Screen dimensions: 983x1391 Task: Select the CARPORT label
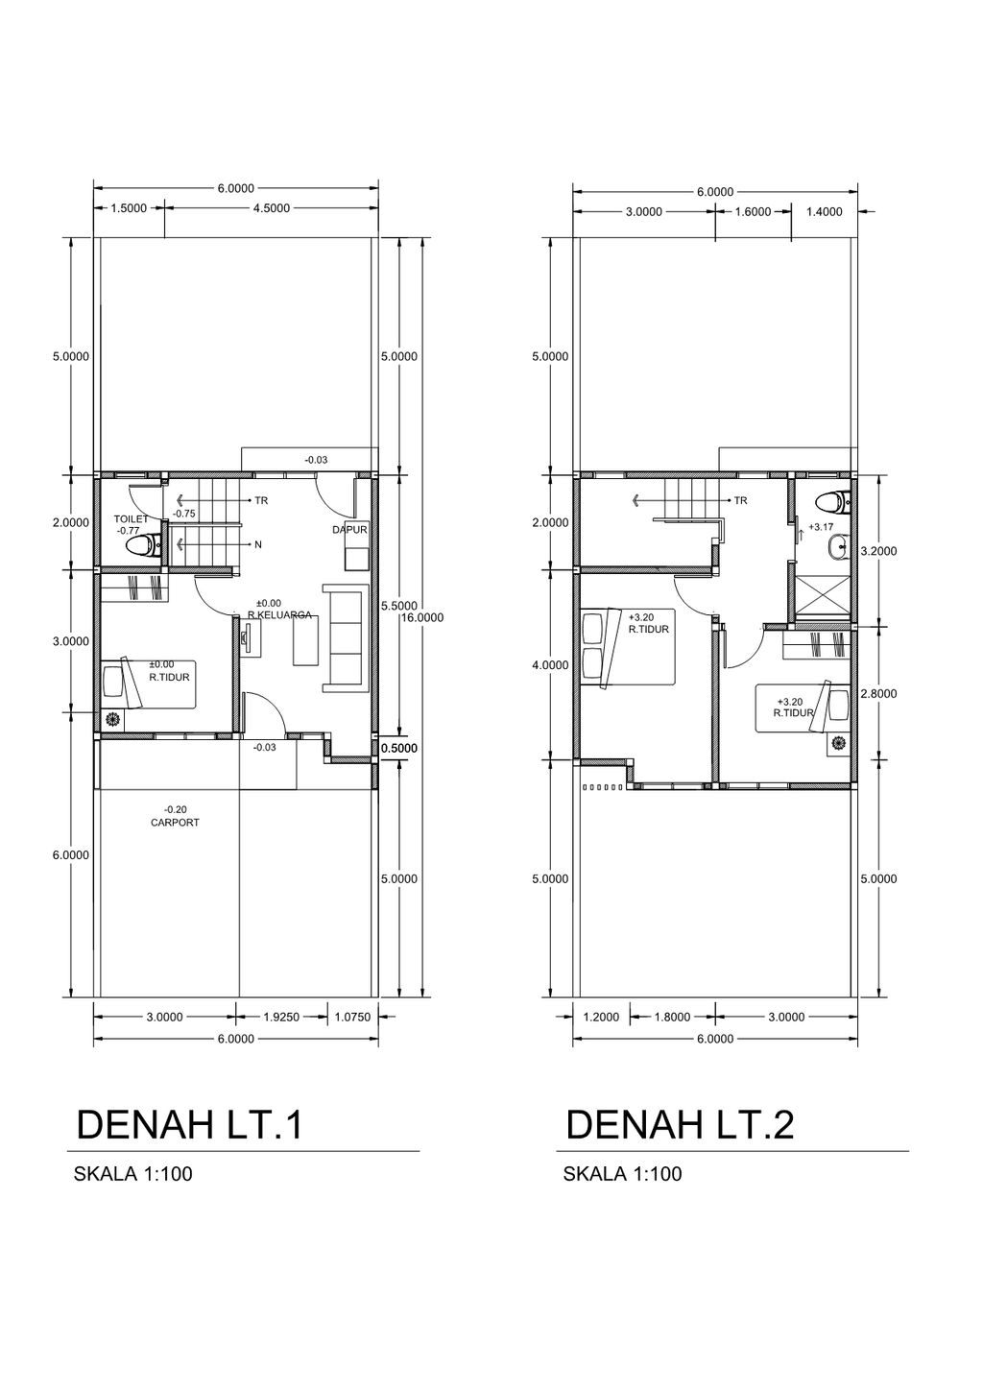click(x=175, y=823)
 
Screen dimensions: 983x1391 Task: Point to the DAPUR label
click(x=350, y=530)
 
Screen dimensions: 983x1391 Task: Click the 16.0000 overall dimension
click(x=422, y=618)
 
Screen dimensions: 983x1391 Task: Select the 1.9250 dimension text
click(x=282, y=1018)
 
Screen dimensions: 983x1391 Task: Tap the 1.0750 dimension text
click(x=352, y=1018)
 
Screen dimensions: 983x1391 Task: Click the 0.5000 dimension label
click(x=399, y=748)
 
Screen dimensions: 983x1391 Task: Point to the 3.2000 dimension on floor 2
click(x=878, y=551)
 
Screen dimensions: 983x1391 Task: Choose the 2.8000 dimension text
click(x=878, y=694)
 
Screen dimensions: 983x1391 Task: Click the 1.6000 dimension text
click(x=753, y=212)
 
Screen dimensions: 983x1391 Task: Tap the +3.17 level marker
click(x=821, y=527)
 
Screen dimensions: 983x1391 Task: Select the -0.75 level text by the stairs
click(x=183, y=514)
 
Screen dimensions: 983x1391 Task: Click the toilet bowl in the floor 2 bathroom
click(x=832, y=502)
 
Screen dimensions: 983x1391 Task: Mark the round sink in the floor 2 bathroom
click(x=836, y=548)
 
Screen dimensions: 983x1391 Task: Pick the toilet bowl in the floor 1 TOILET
click(x=143, y=546)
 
